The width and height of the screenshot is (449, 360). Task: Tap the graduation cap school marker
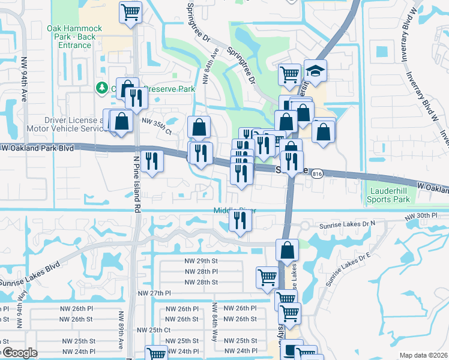click(x=315, y=71)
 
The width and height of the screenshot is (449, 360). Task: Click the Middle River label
click(x=232, y=210)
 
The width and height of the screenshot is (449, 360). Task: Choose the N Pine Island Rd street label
click(x=136, y=180)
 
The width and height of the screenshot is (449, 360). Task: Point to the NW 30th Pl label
click(x=426, y=215)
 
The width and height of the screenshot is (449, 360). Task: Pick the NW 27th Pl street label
click(x=155, y=293)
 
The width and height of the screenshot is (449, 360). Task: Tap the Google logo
click(x=19, y=353)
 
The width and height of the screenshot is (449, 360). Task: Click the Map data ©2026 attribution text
click(x=424, y=355)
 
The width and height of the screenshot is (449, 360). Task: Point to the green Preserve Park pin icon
click(x=101, y=89)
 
